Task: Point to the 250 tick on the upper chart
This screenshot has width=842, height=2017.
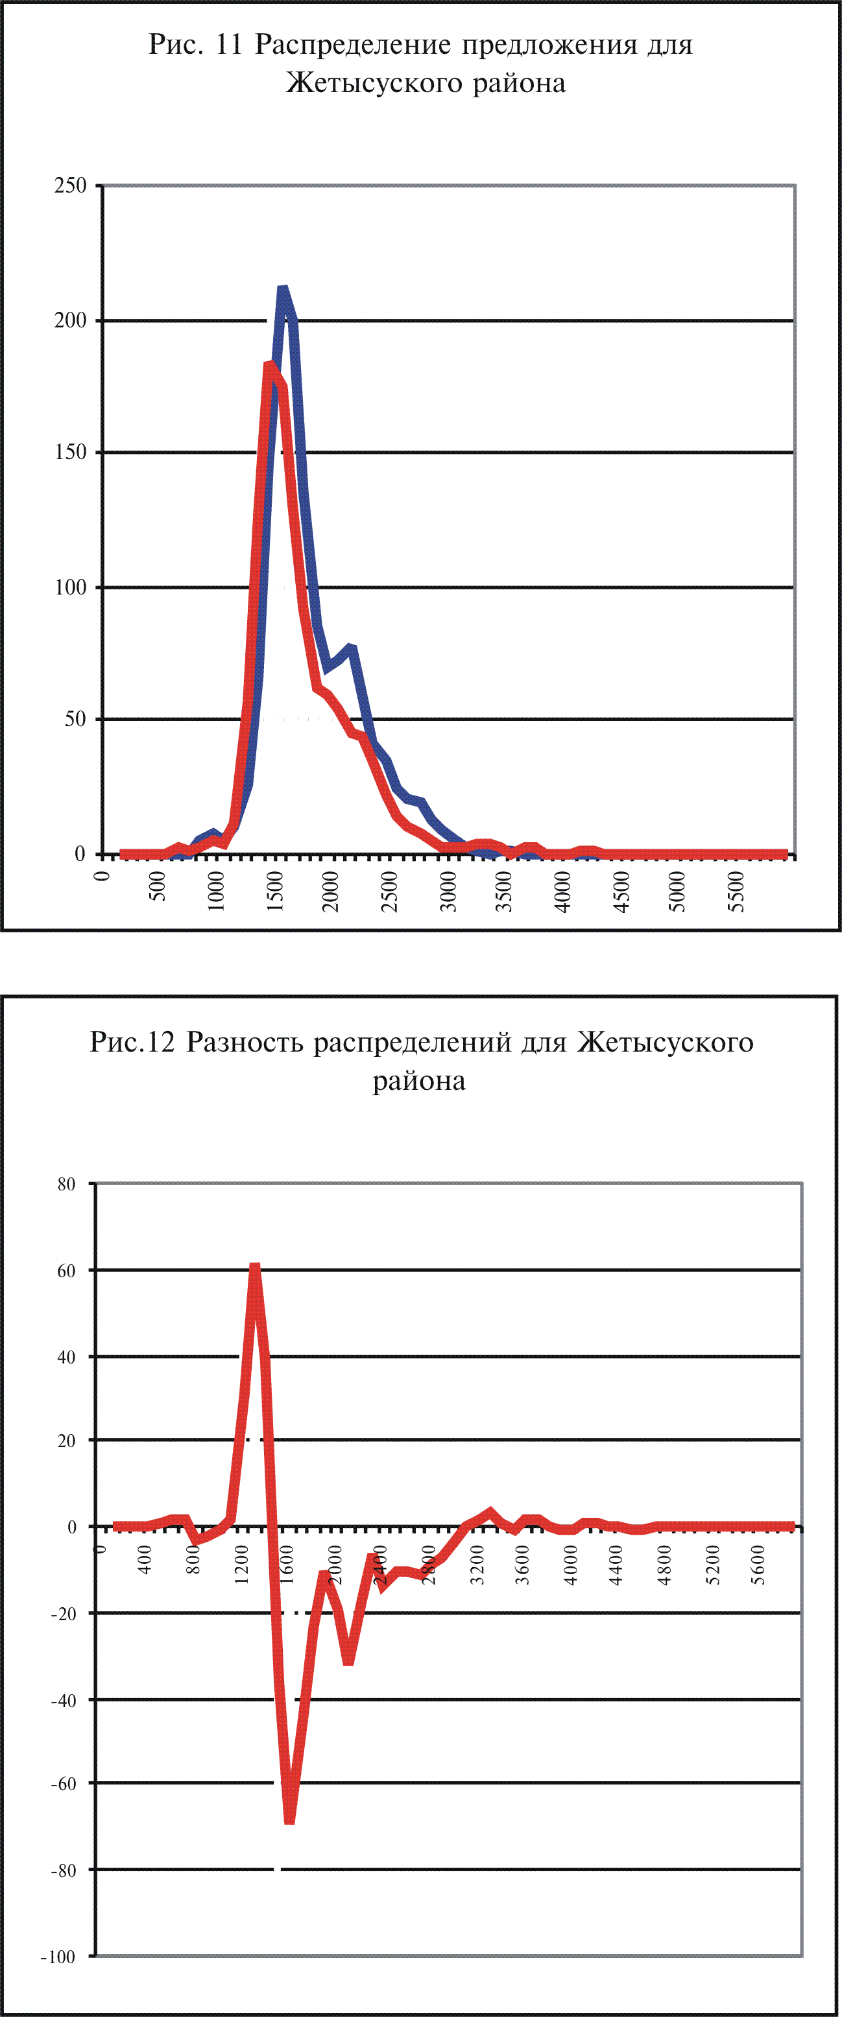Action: click(x=71, y=185)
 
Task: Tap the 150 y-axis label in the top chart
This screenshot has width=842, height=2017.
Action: click(x=71, y=452)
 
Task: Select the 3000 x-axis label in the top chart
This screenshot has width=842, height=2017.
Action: click(x=448, y=891)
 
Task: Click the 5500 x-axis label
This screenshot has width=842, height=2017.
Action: click(x=736, y=891)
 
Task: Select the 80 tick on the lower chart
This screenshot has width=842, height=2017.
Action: click(x=67, y=1184)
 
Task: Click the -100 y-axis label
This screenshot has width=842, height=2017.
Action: click(x=59, y=1957)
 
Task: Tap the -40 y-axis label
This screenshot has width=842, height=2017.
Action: click(x=64, y=1700)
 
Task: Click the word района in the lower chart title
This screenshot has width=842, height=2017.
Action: click(x=419, y=1081)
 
